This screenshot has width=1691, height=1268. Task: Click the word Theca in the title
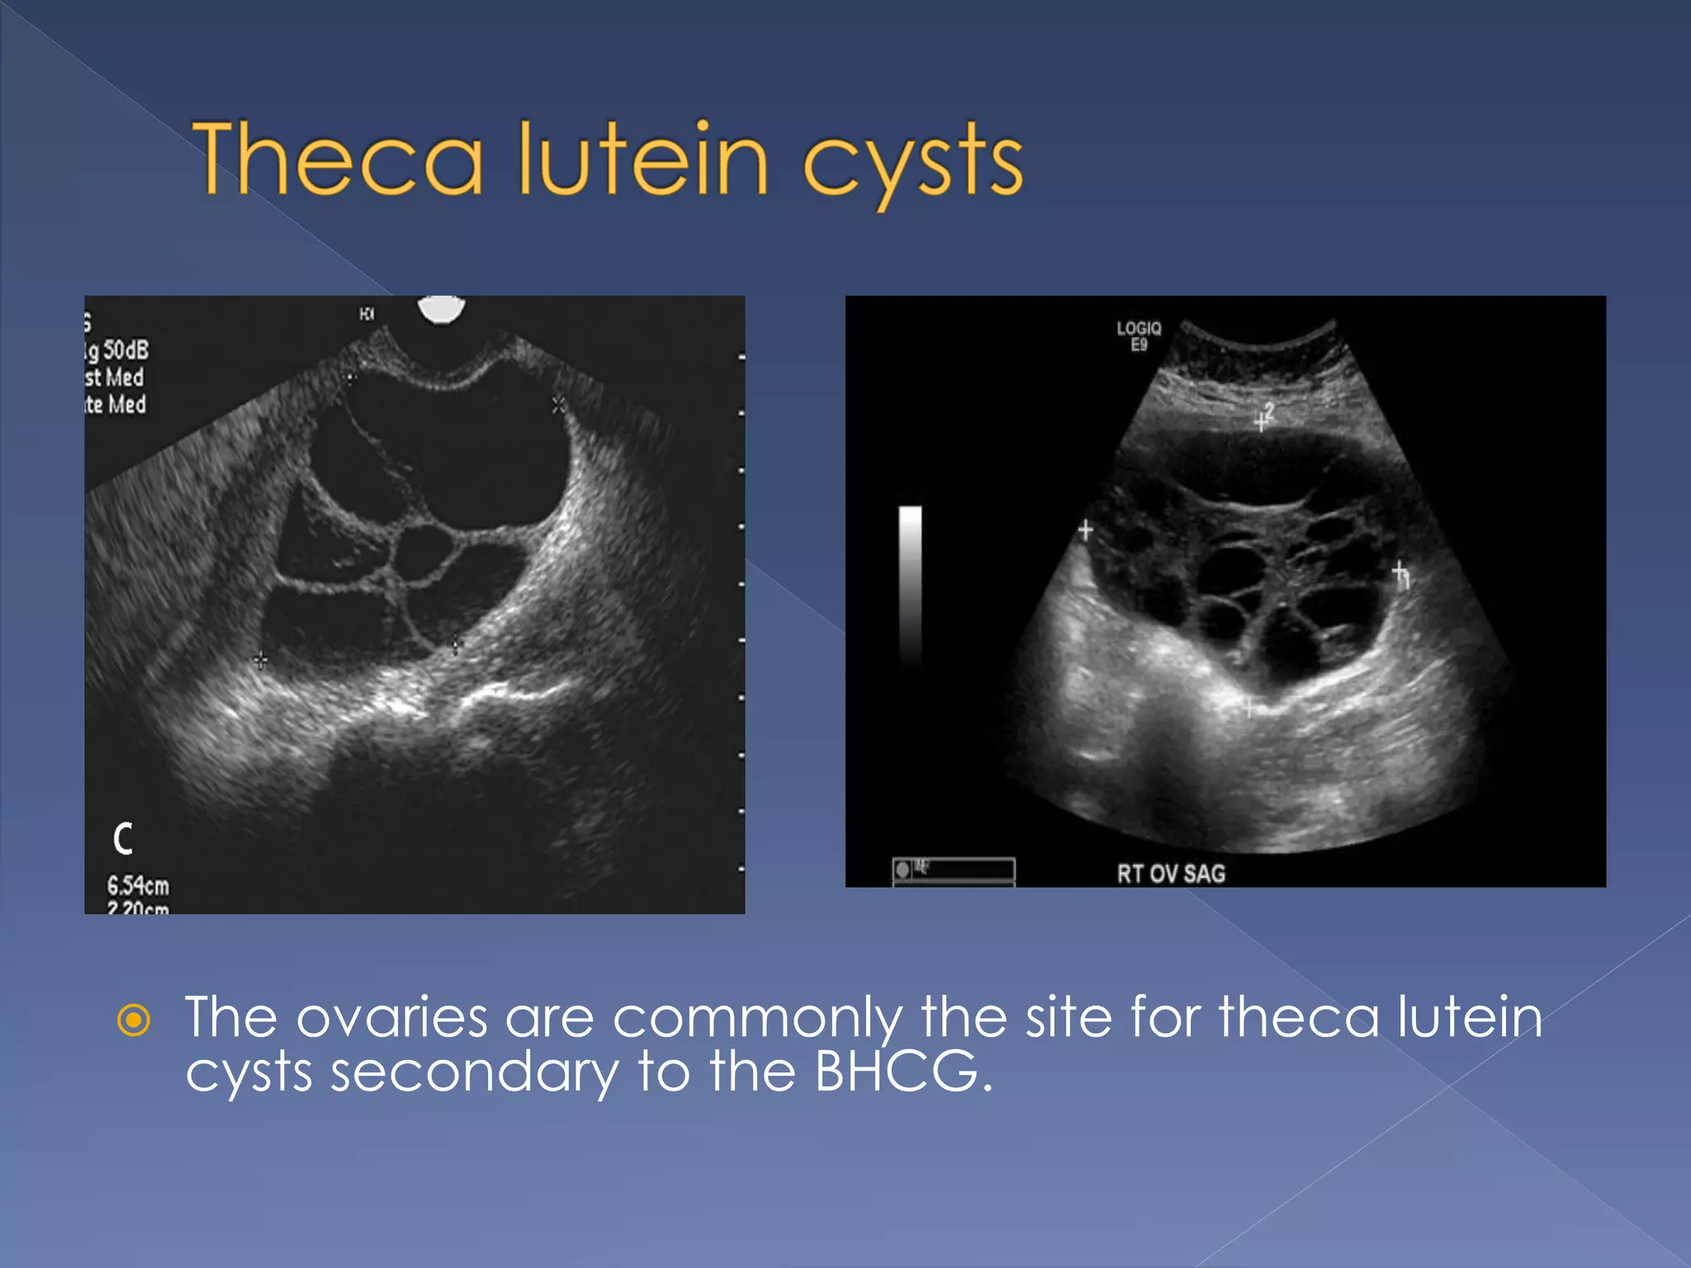point(338,158)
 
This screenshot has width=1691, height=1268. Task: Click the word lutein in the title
point(643,158)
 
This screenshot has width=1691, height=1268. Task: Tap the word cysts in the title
point(913,163)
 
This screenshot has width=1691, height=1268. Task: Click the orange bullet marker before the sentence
point(134,1020)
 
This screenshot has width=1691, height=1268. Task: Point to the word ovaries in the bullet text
point(391,1017)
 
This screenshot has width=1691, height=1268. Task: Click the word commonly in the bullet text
point(757,1019)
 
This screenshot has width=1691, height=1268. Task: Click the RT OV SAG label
point(1171,873)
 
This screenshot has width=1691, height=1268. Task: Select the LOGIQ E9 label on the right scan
point(1139,336)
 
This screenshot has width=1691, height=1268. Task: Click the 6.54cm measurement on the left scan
point(138,887)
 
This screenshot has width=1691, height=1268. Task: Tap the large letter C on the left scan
point(123,839)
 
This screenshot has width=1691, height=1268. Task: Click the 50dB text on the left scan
point(126,350)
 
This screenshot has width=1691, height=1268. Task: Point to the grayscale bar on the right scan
point(910,582)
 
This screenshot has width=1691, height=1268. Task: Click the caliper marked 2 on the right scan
point(1262,420)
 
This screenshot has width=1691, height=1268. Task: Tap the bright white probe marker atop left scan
point(442,309)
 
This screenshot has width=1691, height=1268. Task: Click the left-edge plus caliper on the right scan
point(1086,530)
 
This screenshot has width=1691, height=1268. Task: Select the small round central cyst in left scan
point(423,554)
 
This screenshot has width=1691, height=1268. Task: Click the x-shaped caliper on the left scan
point(559,405)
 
